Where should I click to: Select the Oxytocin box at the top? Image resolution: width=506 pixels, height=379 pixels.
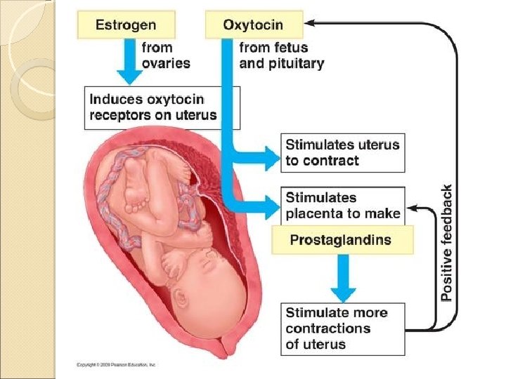(x=254, y=25)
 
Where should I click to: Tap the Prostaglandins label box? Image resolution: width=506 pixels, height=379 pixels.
(x=342, y=240)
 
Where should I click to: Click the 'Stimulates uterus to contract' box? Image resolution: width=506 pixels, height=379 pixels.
(x=342, y=152)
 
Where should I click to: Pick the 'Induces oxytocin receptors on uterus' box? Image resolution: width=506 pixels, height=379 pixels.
(x=162, y=107)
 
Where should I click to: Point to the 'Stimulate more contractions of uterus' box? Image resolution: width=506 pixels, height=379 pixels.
(x=342, y=328)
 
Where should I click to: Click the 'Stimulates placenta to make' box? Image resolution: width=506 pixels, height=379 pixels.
(x=342, y=205)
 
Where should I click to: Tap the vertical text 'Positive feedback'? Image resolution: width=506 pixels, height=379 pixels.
(x=447, y=243)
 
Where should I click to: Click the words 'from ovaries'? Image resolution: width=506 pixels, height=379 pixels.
(x=166, y=55)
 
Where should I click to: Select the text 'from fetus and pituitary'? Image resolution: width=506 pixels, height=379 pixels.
(x=281, y=55)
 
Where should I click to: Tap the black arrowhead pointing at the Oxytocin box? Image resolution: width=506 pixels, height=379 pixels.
(x=310, y=23)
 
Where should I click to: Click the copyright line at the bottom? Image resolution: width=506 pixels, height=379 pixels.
(x=116, y=365)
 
